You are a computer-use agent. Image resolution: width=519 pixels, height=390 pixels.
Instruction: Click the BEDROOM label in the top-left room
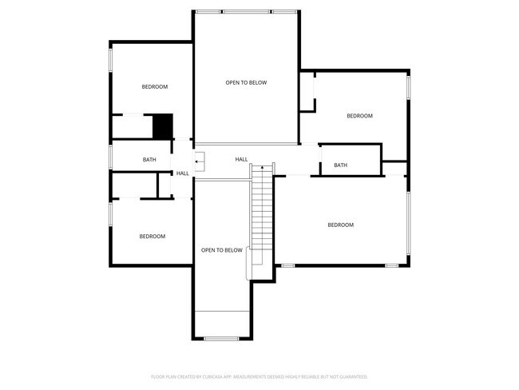[x=155, y=86]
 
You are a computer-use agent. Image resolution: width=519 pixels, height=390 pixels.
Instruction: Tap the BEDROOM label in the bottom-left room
[x=153, y=236]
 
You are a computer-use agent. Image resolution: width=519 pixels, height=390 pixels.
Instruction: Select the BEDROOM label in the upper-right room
[x=359, y=116]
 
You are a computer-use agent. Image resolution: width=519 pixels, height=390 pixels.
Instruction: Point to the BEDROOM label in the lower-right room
[x=340, y=225]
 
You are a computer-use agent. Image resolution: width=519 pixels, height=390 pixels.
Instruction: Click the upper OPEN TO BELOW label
[x=246, y=82]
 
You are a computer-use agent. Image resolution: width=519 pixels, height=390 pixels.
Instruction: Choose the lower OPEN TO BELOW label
[x=221, y=250]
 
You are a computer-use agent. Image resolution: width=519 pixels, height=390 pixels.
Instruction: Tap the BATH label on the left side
[x=149, y=160]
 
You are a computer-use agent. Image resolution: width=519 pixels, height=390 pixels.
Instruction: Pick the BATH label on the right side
[x=340, y=165]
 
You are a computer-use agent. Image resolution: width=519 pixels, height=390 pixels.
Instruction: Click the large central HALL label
[x=241, y=160]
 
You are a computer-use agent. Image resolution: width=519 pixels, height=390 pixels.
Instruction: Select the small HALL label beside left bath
[x=183, y=173]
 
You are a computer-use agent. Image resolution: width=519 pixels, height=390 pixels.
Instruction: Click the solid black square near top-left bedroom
[x=163, y=126]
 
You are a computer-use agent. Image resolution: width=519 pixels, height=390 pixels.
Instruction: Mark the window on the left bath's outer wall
[x=110, y=157]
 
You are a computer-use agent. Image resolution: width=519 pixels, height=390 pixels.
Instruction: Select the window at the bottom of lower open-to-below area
[x=221, y=339]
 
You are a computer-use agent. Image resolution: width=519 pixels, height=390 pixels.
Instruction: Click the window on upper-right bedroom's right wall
[x=409, y=86]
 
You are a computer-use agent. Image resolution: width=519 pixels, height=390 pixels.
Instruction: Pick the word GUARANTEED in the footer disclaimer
[x=351, y=376]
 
